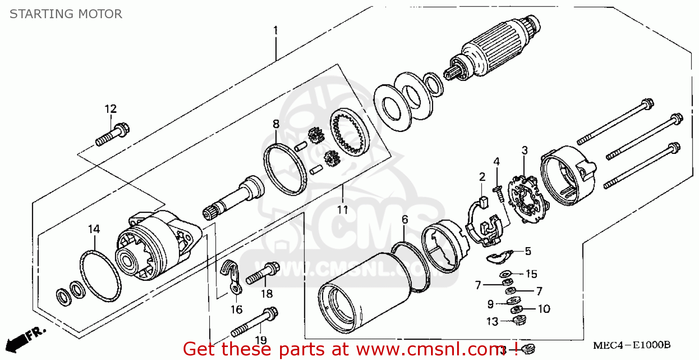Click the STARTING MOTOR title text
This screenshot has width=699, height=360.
(66, 14)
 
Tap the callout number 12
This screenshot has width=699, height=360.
(110, 109)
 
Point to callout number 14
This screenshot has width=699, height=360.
(94, 229)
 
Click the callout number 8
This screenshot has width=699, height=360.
(276, 124)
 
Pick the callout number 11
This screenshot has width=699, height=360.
(343, 210)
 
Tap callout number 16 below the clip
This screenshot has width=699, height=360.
(236, 310)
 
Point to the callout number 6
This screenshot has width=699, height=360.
(404, 220)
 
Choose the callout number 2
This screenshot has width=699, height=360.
(482, 177)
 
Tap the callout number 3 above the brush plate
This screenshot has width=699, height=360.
(524, 150)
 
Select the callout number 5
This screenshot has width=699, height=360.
(528, 251)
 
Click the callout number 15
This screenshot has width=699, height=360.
(531, 274)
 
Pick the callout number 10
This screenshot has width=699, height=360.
(544, 309)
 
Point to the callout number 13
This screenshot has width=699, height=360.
(493, 321)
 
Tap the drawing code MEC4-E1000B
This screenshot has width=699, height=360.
(631, 346)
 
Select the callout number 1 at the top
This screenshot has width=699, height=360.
(275, 31)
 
